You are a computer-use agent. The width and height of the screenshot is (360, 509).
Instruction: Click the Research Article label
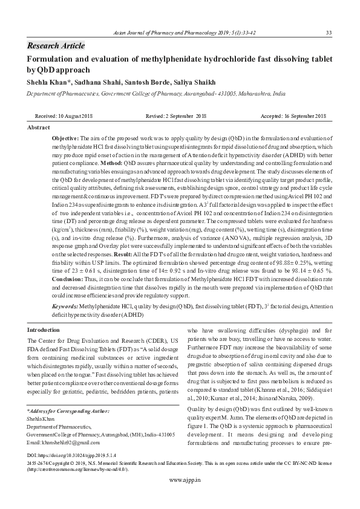[x=56, y=46]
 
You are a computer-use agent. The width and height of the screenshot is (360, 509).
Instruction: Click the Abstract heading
[x=39, y=128]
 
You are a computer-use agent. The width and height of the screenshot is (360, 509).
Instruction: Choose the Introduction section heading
[x=44, y=329]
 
